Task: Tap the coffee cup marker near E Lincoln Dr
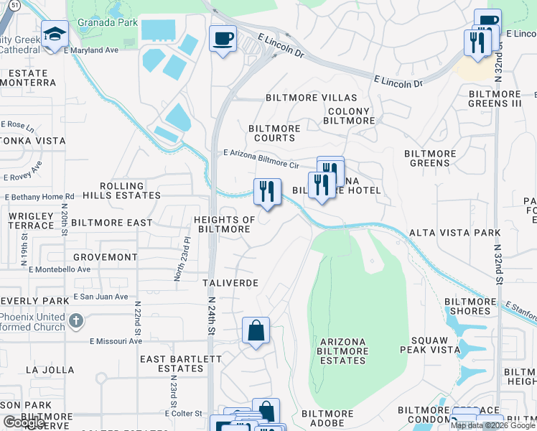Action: [223, 37]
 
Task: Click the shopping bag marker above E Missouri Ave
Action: [256, 331]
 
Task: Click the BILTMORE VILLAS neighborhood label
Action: [311, 98]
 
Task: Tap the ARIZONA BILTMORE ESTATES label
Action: [342, 351]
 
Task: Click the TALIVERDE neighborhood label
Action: [230, 283]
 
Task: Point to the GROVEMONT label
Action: [106, 256]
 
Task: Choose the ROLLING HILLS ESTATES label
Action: [122, 190]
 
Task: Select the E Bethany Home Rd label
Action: [39, 196]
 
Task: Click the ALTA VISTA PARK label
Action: [454, 233]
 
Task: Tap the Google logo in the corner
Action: [24, 422]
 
